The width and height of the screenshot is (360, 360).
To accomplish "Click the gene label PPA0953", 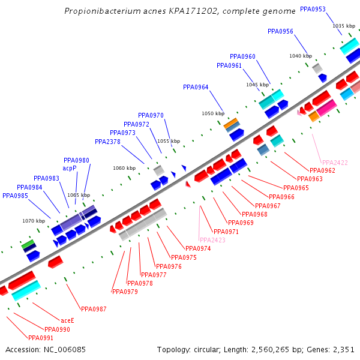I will (x=313, y=9).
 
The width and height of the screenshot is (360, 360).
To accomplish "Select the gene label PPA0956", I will (x=280, y=31).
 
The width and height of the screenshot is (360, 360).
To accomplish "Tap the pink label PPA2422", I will (x=335, y=163).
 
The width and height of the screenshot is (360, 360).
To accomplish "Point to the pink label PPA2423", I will (x=212, y=240).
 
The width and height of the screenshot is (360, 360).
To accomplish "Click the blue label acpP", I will (x=70, y=169).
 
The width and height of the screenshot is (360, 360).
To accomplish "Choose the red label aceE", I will (x=67, y=320).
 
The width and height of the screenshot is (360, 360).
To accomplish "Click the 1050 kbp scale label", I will (x=212, y=113).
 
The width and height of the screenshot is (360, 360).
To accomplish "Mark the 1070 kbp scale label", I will (x=34, y=221).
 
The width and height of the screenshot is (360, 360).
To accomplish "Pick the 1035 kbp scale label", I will (x=343, y=26).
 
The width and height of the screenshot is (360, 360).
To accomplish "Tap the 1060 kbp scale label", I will (x=124, y=168).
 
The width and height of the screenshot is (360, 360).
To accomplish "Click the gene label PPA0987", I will (x=94, y=309).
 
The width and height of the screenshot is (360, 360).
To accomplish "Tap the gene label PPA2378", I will (x=107, y=142).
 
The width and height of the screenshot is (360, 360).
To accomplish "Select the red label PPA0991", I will (x=41, y=338).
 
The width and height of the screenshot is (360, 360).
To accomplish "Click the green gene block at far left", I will (x=28, y=244).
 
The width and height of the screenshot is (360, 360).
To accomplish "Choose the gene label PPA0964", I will (x=196, y=88).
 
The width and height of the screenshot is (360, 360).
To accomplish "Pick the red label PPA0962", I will (x=322, y=170).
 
